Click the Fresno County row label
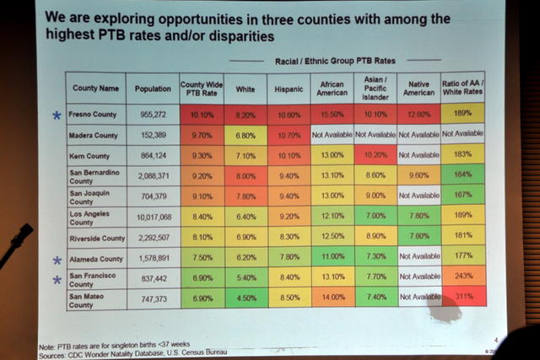click(x=95, y=115)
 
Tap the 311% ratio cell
click(x=462, y=296)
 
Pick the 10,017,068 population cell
click(x=152, y=218)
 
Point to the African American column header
click(x=332, y=86)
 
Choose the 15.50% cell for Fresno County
click(x=332, y=114)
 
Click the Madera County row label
click(x=95, y=136)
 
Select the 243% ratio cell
click(x=462, y=277)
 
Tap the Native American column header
click(x=419, y=86)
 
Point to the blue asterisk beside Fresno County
click(x=57, y=116)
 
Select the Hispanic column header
click(x=288, y=88)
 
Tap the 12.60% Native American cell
click(x=419, y=115)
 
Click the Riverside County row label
click(x=97, y=238)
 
